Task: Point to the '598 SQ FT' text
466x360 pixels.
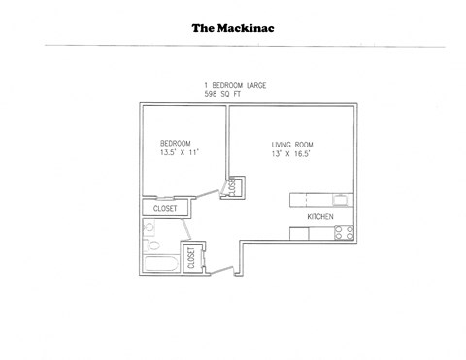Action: [x=224, y=96]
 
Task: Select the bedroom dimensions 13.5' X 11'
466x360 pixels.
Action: [x=180, y=153]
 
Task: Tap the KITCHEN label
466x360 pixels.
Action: [x=320, y=217]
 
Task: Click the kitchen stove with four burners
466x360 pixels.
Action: [x=343, y=232]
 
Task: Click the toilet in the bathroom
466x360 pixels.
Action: [x=149, y=229]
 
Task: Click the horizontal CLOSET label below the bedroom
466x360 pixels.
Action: [x=162, y=207]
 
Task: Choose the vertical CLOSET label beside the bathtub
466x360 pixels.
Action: [x=191, y=257]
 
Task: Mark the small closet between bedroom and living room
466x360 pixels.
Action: [x=234, y=186]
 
